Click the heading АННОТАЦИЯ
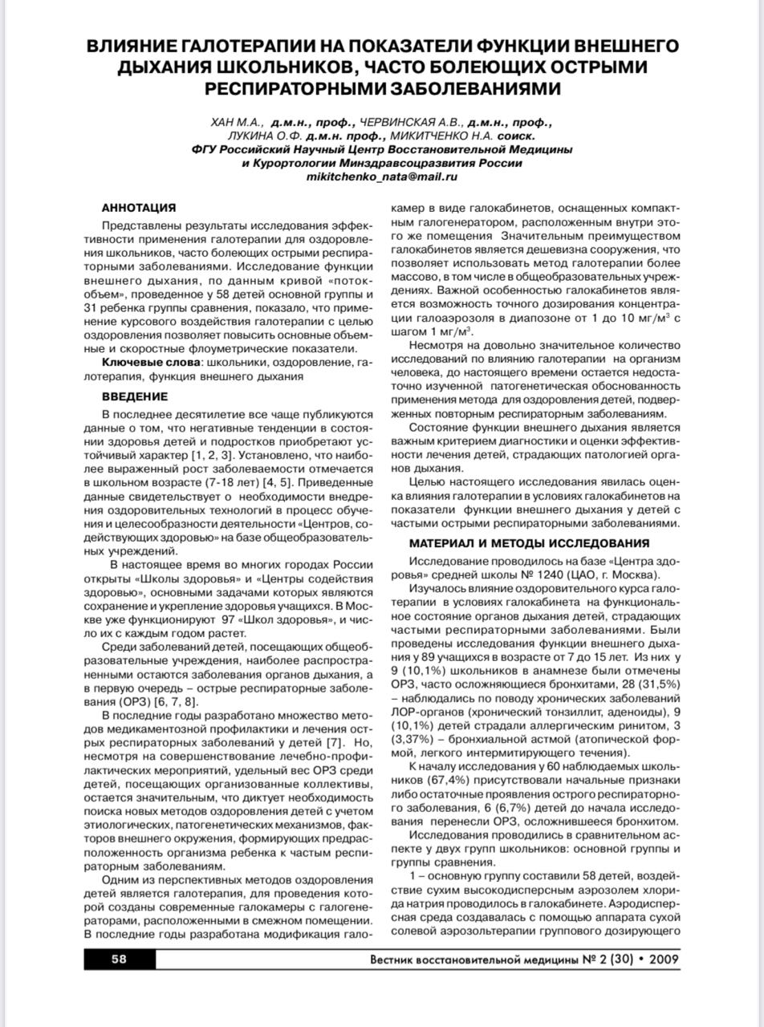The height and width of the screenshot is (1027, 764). [x=139, y=208]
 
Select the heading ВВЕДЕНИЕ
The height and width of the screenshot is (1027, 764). [x=135, y=396]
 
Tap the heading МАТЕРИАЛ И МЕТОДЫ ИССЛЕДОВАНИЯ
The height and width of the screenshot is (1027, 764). [x=529, y=543]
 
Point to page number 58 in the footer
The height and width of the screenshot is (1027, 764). [x=119, y=959]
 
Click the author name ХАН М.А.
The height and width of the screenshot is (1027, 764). [x=237, y=123]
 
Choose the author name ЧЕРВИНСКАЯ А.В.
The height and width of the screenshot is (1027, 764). [x=410, y=123]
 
